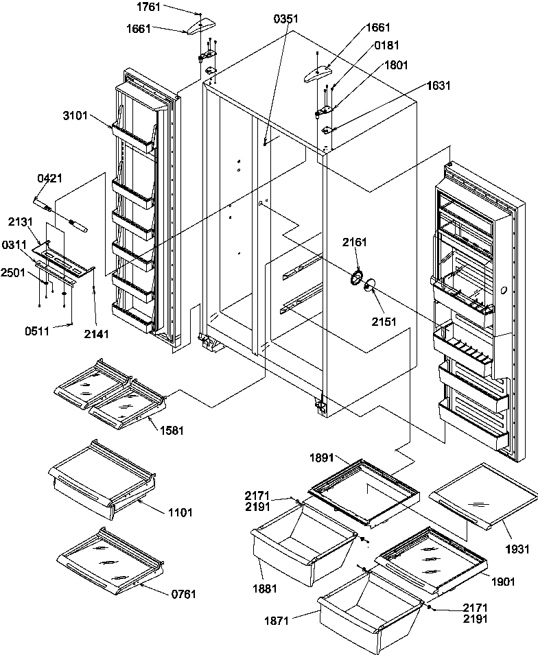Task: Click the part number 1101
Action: point(179,512)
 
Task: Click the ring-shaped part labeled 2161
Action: point(356,277)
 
